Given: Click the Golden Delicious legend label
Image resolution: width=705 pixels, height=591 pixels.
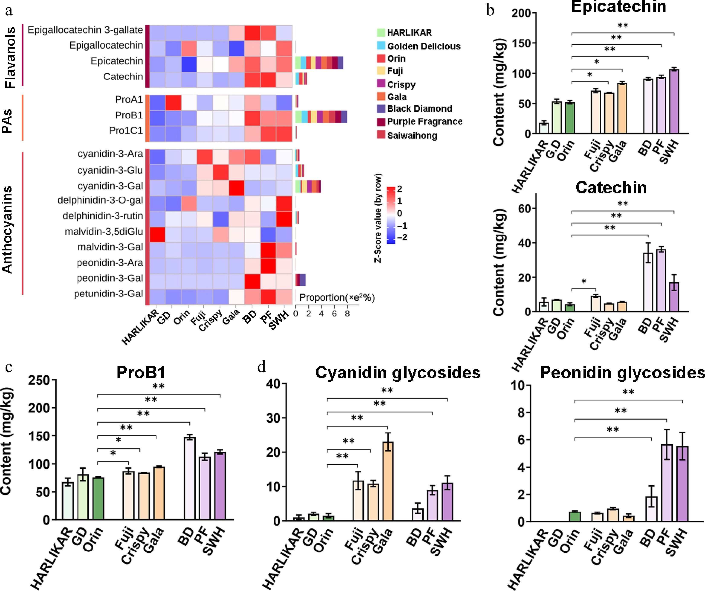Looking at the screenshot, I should pos(424,46).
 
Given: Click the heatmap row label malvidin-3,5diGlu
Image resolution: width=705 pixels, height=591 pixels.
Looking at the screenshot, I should pos(104,232).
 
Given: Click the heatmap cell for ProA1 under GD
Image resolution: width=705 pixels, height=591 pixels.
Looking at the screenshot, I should pos(173,103).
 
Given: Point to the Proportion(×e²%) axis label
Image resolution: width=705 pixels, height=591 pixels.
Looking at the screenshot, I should pos(337,298).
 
